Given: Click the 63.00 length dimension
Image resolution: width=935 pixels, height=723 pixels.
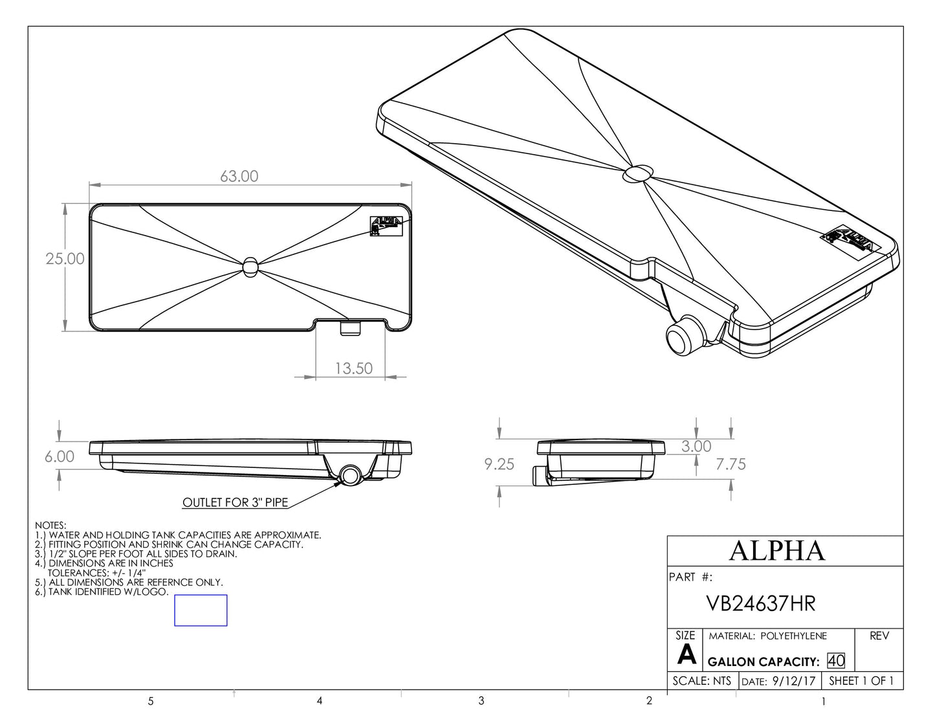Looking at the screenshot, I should [239, 176].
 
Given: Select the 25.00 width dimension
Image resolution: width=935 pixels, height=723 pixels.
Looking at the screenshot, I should [65, 259].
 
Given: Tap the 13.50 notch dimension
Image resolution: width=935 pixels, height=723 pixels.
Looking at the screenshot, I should [353, 368].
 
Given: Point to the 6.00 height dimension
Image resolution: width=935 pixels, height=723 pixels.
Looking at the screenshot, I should [59, 456].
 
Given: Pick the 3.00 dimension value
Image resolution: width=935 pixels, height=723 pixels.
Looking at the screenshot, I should [696, 447].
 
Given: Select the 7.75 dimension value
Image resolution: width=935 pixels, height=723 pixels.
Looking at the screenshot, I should [731, 464].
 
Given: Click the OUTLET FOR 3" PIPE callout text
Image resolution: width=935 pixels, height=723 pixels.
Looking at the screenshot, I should [234, 503].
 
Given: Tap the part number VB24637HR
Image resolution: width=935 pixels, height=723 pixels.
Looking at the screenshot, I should [760, 603].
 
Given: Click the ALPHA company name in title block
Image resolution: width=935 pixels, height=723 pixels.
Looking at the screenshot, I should [776, 550].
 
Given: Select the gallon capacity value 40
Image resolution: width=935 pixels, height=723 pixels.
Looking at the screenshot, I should [835, 662].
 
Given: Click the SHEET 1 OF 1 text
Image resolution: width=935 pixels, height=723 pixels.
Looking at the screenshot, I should [861, 681].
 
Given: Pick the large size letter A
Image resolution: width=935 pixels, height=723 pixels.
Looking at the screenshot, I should [686, 656].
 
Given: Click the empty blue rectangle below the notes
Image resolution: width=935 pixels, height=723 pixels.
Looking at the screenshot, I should [201, 610].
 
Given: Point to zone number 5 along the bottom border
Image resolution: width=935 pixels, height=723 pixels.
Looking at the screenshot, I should [151, 701].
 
